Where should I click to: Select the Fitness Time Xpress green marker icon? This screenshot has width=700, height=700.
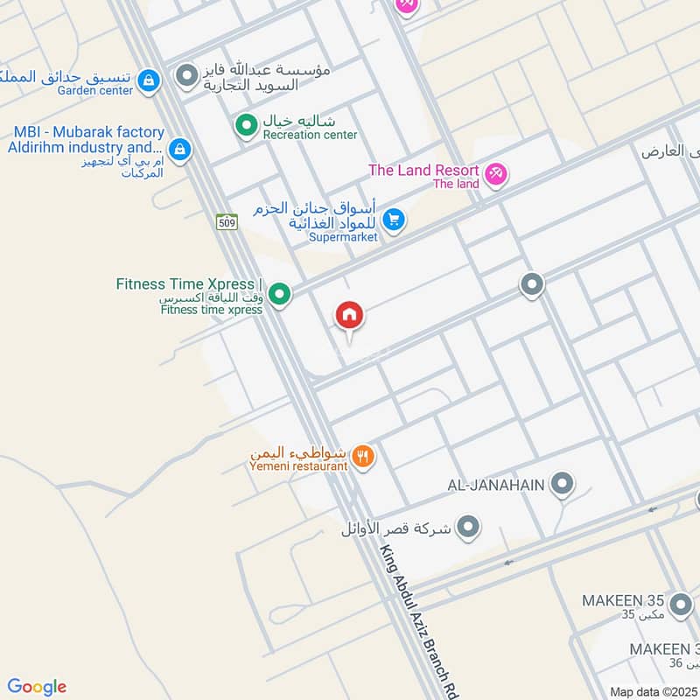[279, 294]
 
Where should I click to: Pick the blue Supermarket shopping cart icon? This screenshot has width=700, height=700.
[394, 220]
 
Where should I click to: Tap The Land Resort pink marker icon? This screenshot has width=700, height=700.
[496, 175]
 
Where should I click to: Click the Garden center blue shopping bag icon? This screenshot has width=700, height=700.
[150, 80]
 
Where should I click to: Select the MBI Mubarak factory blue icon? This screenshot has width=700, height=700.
[179, 150]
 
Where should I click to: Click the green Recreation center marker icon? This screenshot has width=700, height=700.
[246, 125]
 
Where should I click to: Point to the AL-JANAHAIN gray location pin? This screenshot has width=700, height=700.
[563, 483]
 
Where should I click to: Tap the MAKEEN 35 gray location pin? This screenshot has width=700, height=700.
[680, 605]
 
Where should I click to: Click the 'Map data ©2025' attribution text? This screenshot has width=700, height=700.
[654, 692]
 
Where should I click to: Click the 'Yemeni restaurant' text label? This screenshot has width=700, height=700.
[298, 466]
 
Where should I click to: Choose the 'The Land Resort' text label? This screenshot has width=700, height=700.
[423, 171]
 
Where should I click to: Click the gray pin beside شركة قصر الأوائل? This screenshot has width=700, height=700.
[469, 527]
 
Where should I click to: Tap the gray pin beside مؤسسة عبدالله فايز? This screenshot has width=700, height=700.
[185, 77]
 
